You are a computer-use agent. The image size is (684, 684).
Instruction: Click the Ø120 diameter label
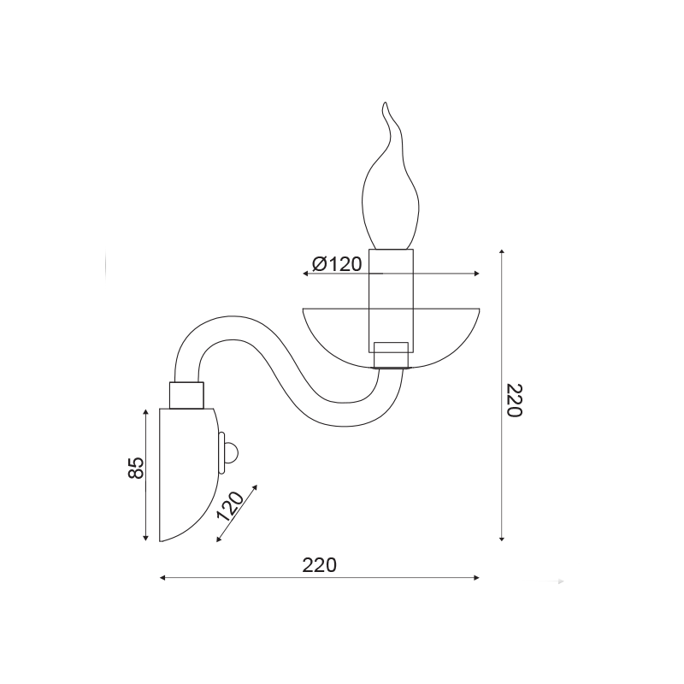point(337,264)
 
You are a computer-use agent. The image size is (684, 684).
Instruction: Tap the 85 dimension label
point(136,468)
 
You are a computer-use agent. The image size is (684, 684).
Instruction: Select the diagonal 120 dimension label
point(230,506)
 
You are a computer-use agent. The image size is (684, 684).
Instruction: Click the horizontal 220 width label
point(319,565)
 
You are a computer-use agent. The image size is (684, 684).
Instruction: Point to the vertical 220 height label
point(514,400)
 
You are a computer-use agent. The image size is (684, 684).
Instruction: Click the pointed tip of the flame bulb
point(384,103)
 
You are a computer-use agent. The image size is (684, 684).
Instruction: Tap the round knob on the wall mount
point(232,453)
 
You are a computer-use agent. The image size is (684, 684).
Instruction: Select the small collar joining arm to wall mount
point(186,395)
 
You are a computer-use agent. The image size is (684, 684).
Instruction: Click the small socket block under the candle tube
point(392,355)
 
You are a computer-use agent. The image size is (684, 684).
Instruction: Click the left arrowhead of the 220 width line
point(162,578)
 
